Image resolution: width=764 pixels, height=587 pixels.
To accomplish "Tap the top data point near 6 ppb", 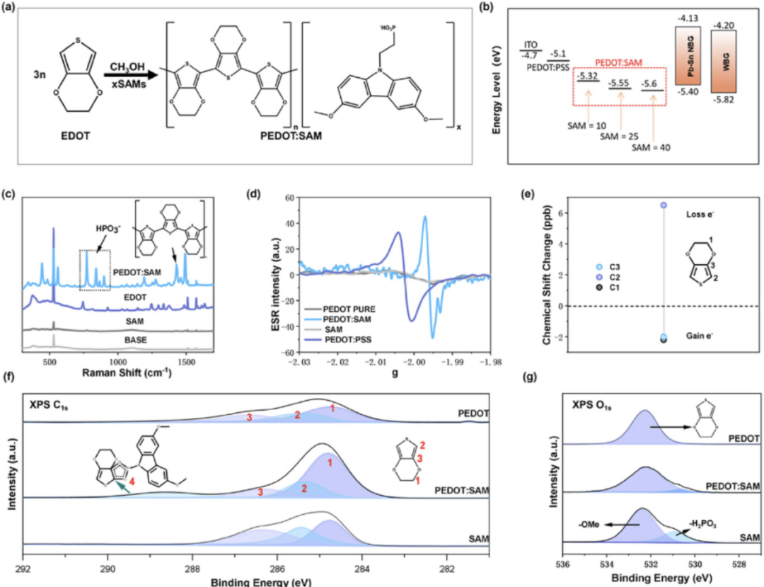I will [x=664, y=205].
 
